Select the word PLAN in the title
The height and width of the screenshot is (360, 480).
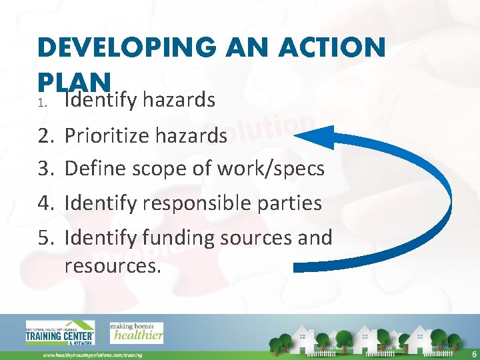74,81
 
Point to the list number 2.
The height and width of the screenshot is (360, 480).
46,136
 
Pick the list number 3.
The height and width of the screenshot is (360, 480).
46,169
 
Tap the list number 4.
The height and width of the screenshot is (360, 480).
46,202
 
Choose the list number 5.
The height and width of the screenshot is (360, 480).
46,237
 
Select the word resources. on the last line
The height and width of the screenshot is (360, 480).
112,265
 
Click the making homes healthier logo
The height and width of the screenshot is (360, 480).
136,331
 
